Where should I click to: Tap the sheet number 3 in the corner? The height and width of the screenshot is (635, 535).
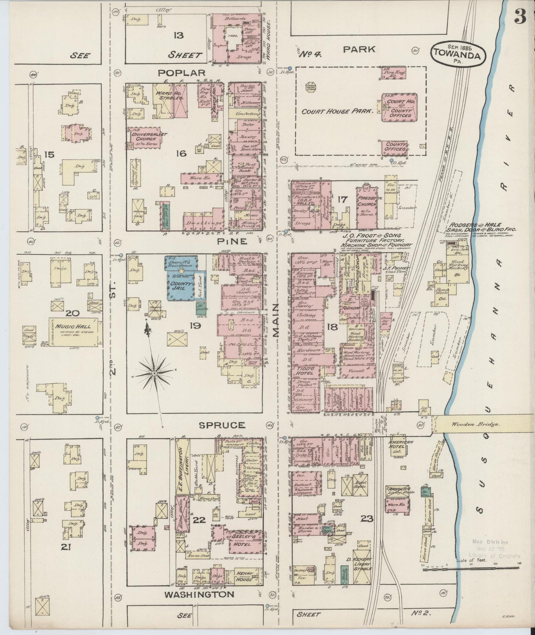520,18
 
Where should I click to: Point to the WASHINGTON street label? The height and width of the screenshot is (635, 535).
199,595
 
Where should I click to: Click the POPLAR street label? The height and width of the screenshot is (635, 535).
181,73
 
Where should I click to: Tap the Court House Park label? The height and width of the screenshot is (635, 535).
337,111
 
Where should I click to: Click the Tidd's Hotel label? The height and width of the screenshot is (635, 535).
304,370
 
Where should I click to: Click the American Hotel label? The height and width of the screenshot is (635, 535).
401,444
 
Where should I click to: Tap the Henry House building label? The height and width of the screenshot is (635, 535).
244,576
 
